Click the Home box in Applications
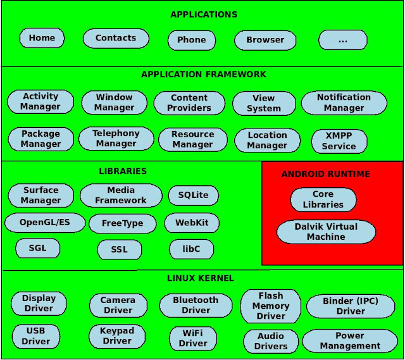(x=42, y=38)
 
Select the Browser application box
(x=265, y=40)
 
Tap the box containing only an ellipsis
(x=342, y=40)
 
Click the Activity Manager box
(x=40, y=102)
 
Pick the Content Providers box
(x=189, y=103)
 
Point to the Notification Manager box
(x=344, y=102)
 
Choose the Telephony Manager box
(x=116, y=139)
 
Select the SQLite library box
(x=193, y=196)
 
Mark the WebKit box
(x=191, y=223)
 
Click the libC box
(x=191, y=249)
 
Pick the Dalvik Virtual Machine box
(x=326, y=232)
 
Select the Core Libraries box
(x=323, y=199)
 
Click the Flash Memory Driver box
(x=270, y=306)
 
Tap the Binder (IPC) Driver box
(x=350, y=306)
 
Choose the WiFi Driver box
(x=193, y=338)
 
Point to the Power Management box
(x=350, y=341)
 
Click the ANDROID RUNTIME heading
(x=325, y=174)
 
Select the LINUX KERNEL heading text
(x=200, y=278)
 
